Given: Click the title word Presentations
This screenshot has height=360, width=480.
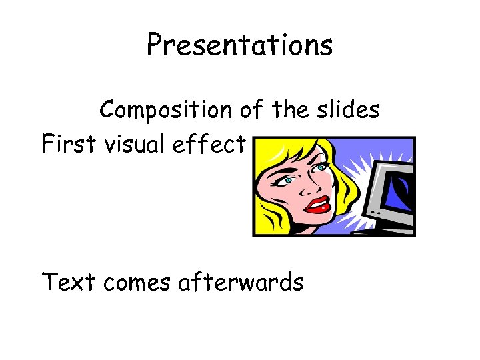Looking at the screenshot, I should coord(239,45).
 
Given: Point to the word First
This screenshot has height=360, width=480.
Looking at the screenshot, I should coord(69,143).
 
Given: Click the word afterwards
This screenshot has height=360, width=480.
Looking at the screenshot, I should coord(241,282).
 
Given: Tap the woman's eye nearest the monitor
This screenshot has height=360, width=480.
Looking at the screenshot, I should coord(321,169).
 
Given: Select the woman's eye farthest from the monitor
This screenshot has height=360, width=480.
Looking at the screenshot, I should coord(288,180).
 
